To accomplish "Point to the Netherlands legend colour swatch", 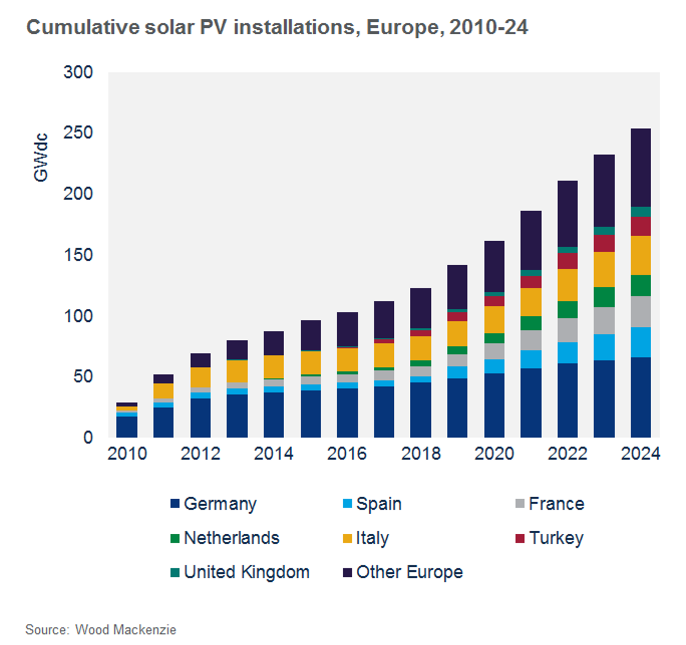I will coord(175,538).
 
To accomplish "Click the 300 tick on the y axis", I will coord(78,72).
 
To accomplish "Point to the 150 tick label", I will coord(78,255).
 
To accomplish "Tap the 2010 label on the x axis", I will coord(127,454).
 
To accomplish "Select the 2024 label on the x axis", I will coord(640,454).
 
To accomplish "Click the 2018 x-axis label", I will coord(421,454).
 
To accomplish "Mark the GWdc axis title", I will coord(41,157).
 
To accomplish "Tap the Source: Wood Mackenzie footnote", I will coord(101,630).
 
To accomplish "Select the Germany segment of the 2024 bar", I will coord(640,397).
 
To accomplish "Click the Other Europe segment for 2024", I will coord(640,168).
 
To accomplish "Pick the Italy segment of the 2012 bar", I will coord(200,377).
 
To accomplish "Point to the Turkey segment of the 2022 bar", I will coord(567,261).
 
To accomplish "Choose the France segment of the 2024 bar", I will coord(640,311).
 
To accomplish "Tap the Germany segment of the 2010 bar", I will coord(127,427).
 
